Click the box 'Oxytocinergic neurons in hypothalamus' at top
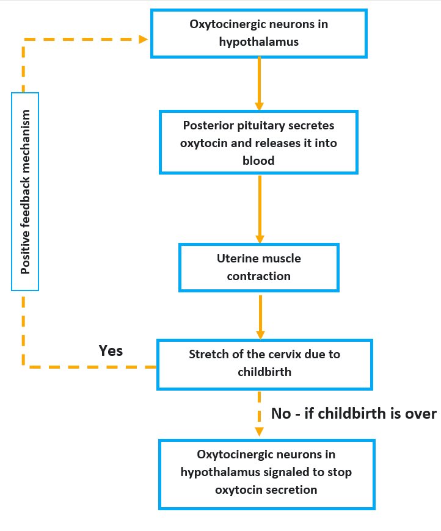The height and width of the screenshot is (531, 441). point(259,34)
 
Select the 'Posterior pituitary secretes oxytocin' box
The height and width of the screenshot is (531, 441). point(259,142)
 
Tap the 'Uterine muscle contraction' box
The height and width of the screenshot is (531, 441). point(258,267)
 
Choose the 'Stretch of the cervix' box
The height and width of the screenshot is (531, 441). point(264,363)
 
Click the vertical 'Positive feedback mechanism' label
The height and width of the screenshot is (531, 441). point(25,192)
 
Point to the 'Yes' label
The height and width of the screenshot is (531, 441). point(111,350)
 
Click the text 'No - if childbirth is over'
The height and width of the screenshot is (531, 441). point(354,414)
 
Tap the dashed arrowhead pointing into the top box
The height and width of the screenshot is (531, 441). point(144,39)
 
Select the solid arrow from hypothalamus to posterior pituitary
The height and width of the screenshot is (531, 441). point(259,83)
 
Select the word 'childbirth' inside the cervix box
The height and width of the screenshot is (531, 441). point(264,370)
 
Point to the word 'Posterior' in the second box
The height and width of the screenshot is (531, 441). point(208,125)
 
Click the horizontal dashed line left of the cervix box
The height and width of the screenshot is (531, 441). point(92,367)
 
